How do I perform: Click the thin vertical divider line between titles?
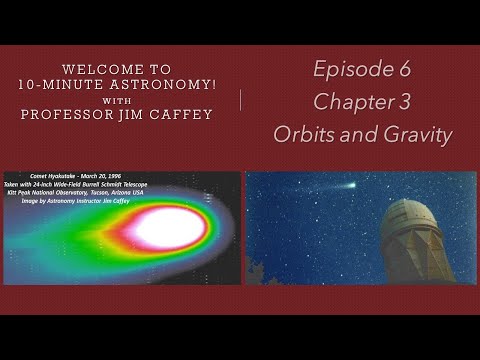pyautogui.click(x=240, y=101)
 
